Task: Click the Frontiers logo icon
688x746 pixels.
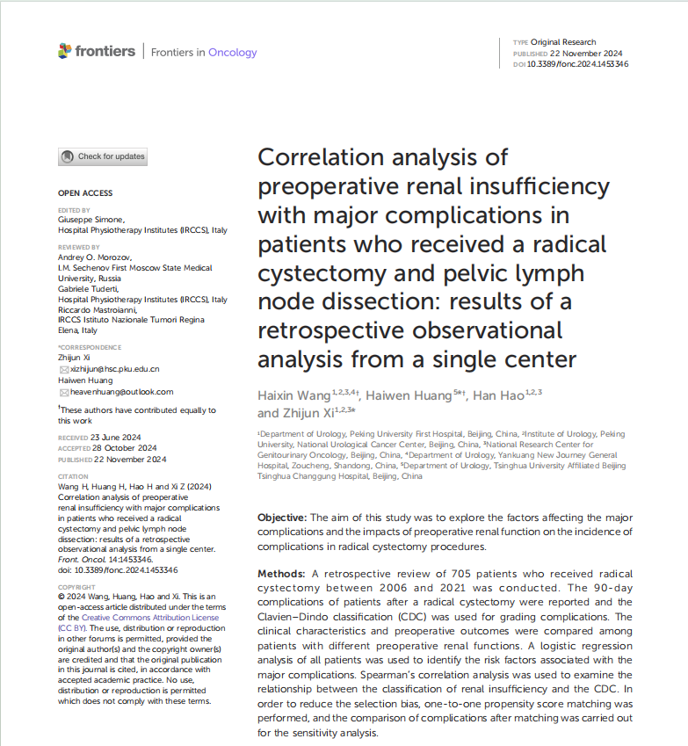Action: (65, 51)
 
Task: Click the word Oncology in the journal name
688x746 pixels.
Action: (233, 53)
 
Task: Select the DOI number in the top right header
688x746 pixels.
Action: (577, 64)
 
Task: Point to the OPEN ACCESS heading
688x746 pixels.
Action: (85, 193)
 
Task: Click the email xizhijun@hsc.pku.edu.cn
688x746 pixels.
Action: (114, 369)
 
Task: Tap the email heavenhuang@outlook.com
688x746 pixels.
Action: (122, 392)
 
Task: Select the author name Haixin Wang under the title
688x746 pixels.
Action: (294, 395)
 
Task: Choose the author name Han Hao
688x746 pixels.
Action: (498, 395)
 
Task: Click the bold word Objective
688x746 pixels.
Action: (282, 518)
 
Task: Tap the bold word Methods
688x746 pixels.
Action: (281, 574)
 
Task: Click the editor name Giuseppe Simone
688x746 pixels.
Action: (91, 220)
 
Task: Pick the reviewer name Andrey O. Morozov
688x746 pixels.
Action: (95, 257)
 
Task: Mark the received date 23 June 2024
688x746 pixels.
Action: (116, 438)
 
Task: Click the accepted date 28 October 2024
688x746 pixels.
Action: (125, 448)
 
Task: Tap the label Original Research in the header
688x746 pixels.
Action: (563, 42)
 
